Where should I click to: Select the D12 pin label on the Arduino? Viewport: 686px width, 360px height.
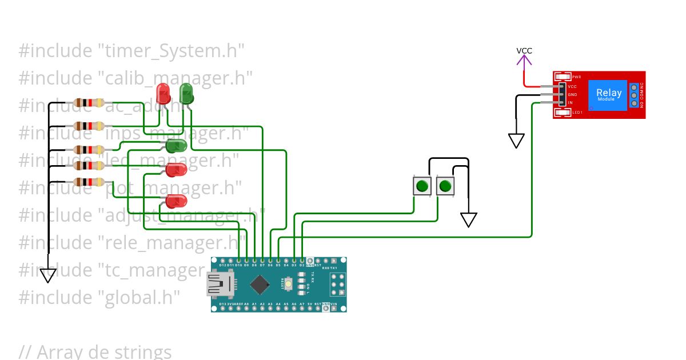pyautogui.click(x=222, y=266)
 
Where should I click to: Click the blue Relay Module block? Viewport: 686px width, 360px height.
pyautogui.click(x=608, y=94)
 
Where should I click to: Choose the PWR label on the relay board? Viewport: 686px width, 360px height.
pyautogui.click(x=576, y=77)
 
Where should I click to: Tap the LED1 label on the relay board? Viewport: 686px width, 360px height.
pyautogui.click(x=577, y=113)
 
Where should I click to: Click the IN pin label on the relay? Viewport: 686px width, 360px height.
pyautogui.click(x=570, y=103)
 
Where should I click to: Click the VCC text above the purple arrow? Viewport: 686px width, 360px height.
pyautogui.click(x=524, y=50)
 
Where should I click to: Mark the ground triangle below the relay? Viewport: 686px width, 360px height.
pyautogui.click(x=516, y=141)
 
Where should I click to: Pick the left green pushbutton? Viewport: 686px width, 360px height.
pyautogui.click(x=422, y=186)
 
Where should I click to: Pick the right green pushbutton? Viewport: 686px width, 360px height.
pyautogui.click(x=445, y=186)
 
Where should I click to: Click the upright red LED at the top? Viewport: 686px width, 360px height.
pyautogui.click(x=163, y=93)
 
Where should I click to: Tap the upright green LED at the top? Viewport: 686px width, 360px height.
pyautogui.click(x=186, y=93)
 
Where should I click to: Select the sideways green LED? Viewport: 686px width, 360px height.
pyautogui.click(x=176, y=146)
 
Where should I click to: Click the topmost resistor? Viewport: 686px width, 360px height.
pyautogui.click(x=89, y=103)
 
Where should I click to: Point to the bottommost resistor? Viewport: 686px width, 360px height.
pyautogui.click(x=89, y=182)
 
